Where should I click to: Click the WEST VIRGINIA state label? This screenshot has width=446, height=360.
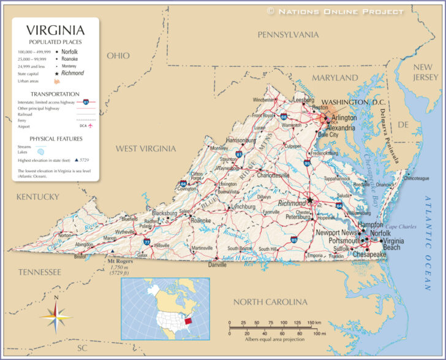(146, 148)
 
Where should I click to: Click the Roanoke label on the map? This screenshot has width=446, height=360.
(200, 220)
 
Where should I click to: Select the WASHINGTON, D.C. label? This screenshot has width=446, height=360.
(353, 102)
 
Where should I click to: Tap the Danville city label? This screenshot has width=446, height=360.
(216, 265)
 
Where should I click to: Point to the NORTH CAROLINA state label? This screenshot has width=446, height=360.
(270, 302)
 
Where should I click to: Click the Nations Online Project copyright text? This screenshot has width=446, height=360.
(335, 11)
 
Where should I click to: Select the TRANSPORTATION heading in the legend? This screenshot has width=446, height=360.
(55, 94)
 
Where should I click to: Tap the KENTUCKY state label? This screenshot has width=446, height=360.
(37, 197)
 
